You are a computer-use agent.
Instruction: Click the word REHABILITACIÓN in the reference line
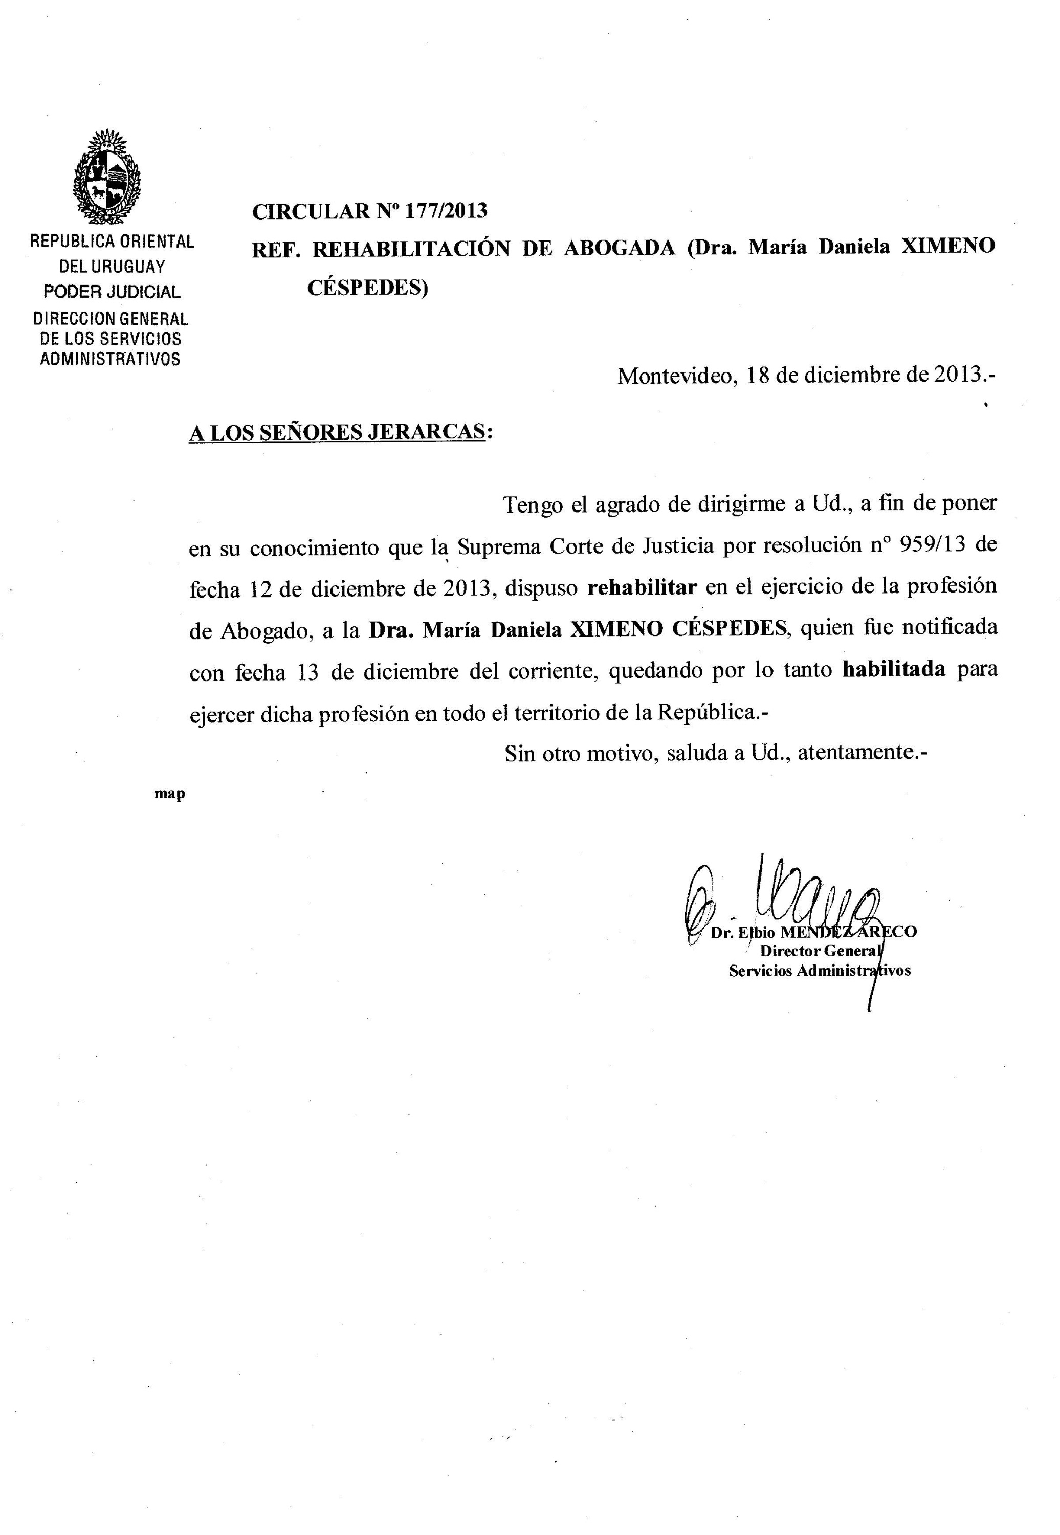(x=411, y=249)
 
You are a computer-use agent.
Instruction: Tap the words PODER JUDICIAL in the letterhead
(x=112, y=292)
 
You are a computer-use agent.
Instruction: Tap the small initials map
(x=170, y=793)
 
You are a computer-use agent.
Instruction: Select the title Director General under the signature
(x=820, y=951)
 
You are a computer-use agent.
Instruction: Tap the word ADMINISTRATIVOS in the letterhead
(x=111, y=359)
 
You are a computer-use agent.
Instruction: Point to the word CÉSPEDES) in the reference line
(x=367, y=288)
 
